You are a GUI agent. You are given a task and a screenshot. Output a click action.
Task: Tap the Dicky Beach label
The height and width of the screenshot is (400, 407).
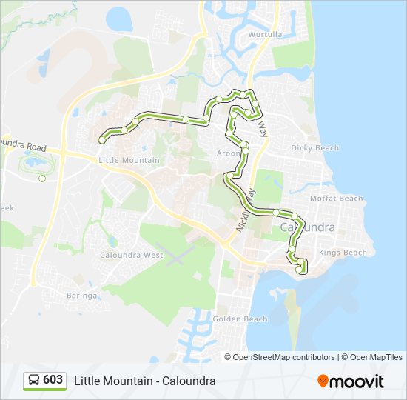[314, 148]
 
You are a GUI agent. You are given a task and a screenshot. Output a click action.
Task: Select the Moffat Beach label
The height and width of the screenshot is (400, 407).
[337, 199]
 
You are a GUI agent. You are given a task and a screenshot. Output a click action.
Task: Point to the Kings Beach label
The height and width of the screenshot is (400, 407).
[343, 253]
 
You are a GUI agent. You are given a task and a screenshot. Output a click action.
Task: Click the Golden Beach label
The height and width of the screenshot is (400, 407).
[240, 319]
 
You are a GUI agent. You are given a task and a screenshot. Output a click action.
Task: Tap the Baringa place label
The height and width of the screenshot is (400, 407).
[81, 296]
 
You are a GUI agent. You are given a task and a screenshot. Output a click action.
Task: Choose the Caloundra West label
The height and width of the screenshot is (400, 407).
[132, 255]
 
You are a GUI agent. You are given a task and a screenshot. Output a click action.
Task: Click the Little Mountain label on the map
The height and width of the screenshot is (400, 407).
[129, 160]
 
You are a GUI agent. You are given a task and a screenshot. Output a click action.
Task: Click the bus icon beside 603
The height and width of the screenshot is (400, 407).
[34, 380]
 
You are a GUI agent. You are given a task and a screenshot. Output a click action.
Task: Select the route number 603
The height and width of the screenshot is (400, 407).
[53, 380]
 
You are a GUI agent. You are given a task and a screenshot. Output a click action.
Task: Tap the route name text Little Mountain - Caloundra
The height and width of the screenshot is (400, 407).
[144, 381]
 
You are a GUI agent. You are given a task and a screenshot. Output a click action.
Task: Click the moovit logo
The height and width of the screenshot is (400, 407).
[351, 381]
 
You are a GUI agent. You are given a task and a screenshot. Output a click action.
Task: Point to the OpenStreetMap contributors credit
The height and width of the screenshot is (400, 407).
[283, 357]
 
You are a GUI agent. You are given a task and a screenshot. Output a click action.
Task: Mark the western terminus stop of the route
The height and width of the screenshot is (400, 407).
[101, 139]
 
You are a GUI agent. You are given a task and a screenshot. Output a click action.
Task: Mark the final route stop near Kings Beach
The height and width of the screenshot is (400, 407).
[299, 270]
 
